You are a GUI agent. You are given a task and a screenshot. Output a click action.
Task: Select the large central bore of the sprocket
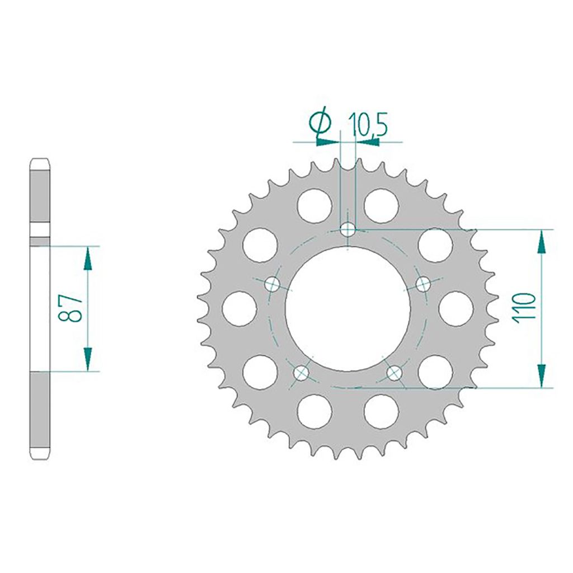(347, 309)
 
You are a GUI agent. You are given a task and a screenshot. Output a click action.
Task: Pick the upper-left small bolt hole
(273, 284)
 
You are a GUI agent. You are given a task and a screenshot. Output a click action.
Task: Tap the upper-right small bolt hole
(424, 284)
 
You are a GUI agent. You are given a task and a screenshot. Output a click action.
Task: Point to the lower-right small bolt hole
(394, 372)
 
